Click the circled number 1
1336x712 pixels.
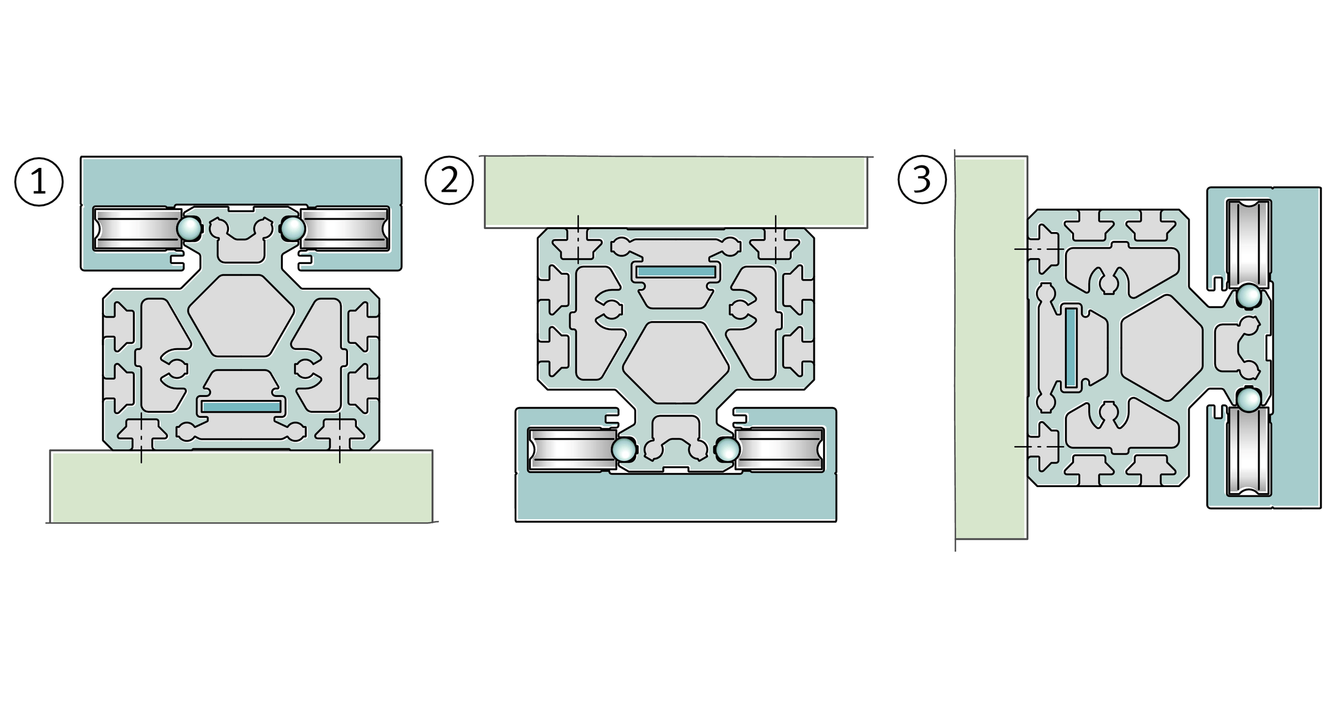[x=39, y=182]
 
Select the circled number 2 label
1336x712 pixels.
[x=449, y=180]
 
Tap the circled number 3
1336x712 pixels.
[x=922, y=180]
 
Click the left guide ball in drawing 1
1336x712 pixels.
[x=190, y=228]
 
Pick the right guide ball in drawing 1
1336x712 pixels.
[x=292, y=228]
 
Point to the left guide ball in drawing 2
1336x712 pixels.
[x=624, y=450]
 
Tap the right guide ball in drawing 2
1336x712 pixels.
[x=728, y=450]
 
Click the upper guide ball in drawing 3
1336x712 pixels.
[x=1248, y=296]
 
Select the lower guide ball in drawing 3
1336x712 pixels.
[x=1248, y=400]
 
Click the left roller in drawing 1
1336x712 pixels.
[x=138, y=228]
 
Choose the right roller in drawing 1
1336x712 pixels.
[x=345, y=228]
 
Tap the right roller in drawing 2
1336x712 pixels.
[x=780, y=450]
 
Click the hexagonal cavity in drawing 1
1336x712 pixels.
[x=241, y=316]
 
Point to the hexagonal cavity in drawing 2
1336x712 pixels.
[x=675, y=362]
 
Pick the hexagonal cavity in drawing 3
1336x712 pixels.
[x=1162, y=348]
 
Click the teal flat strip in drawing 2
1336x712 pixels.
[x=676, y=272]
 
